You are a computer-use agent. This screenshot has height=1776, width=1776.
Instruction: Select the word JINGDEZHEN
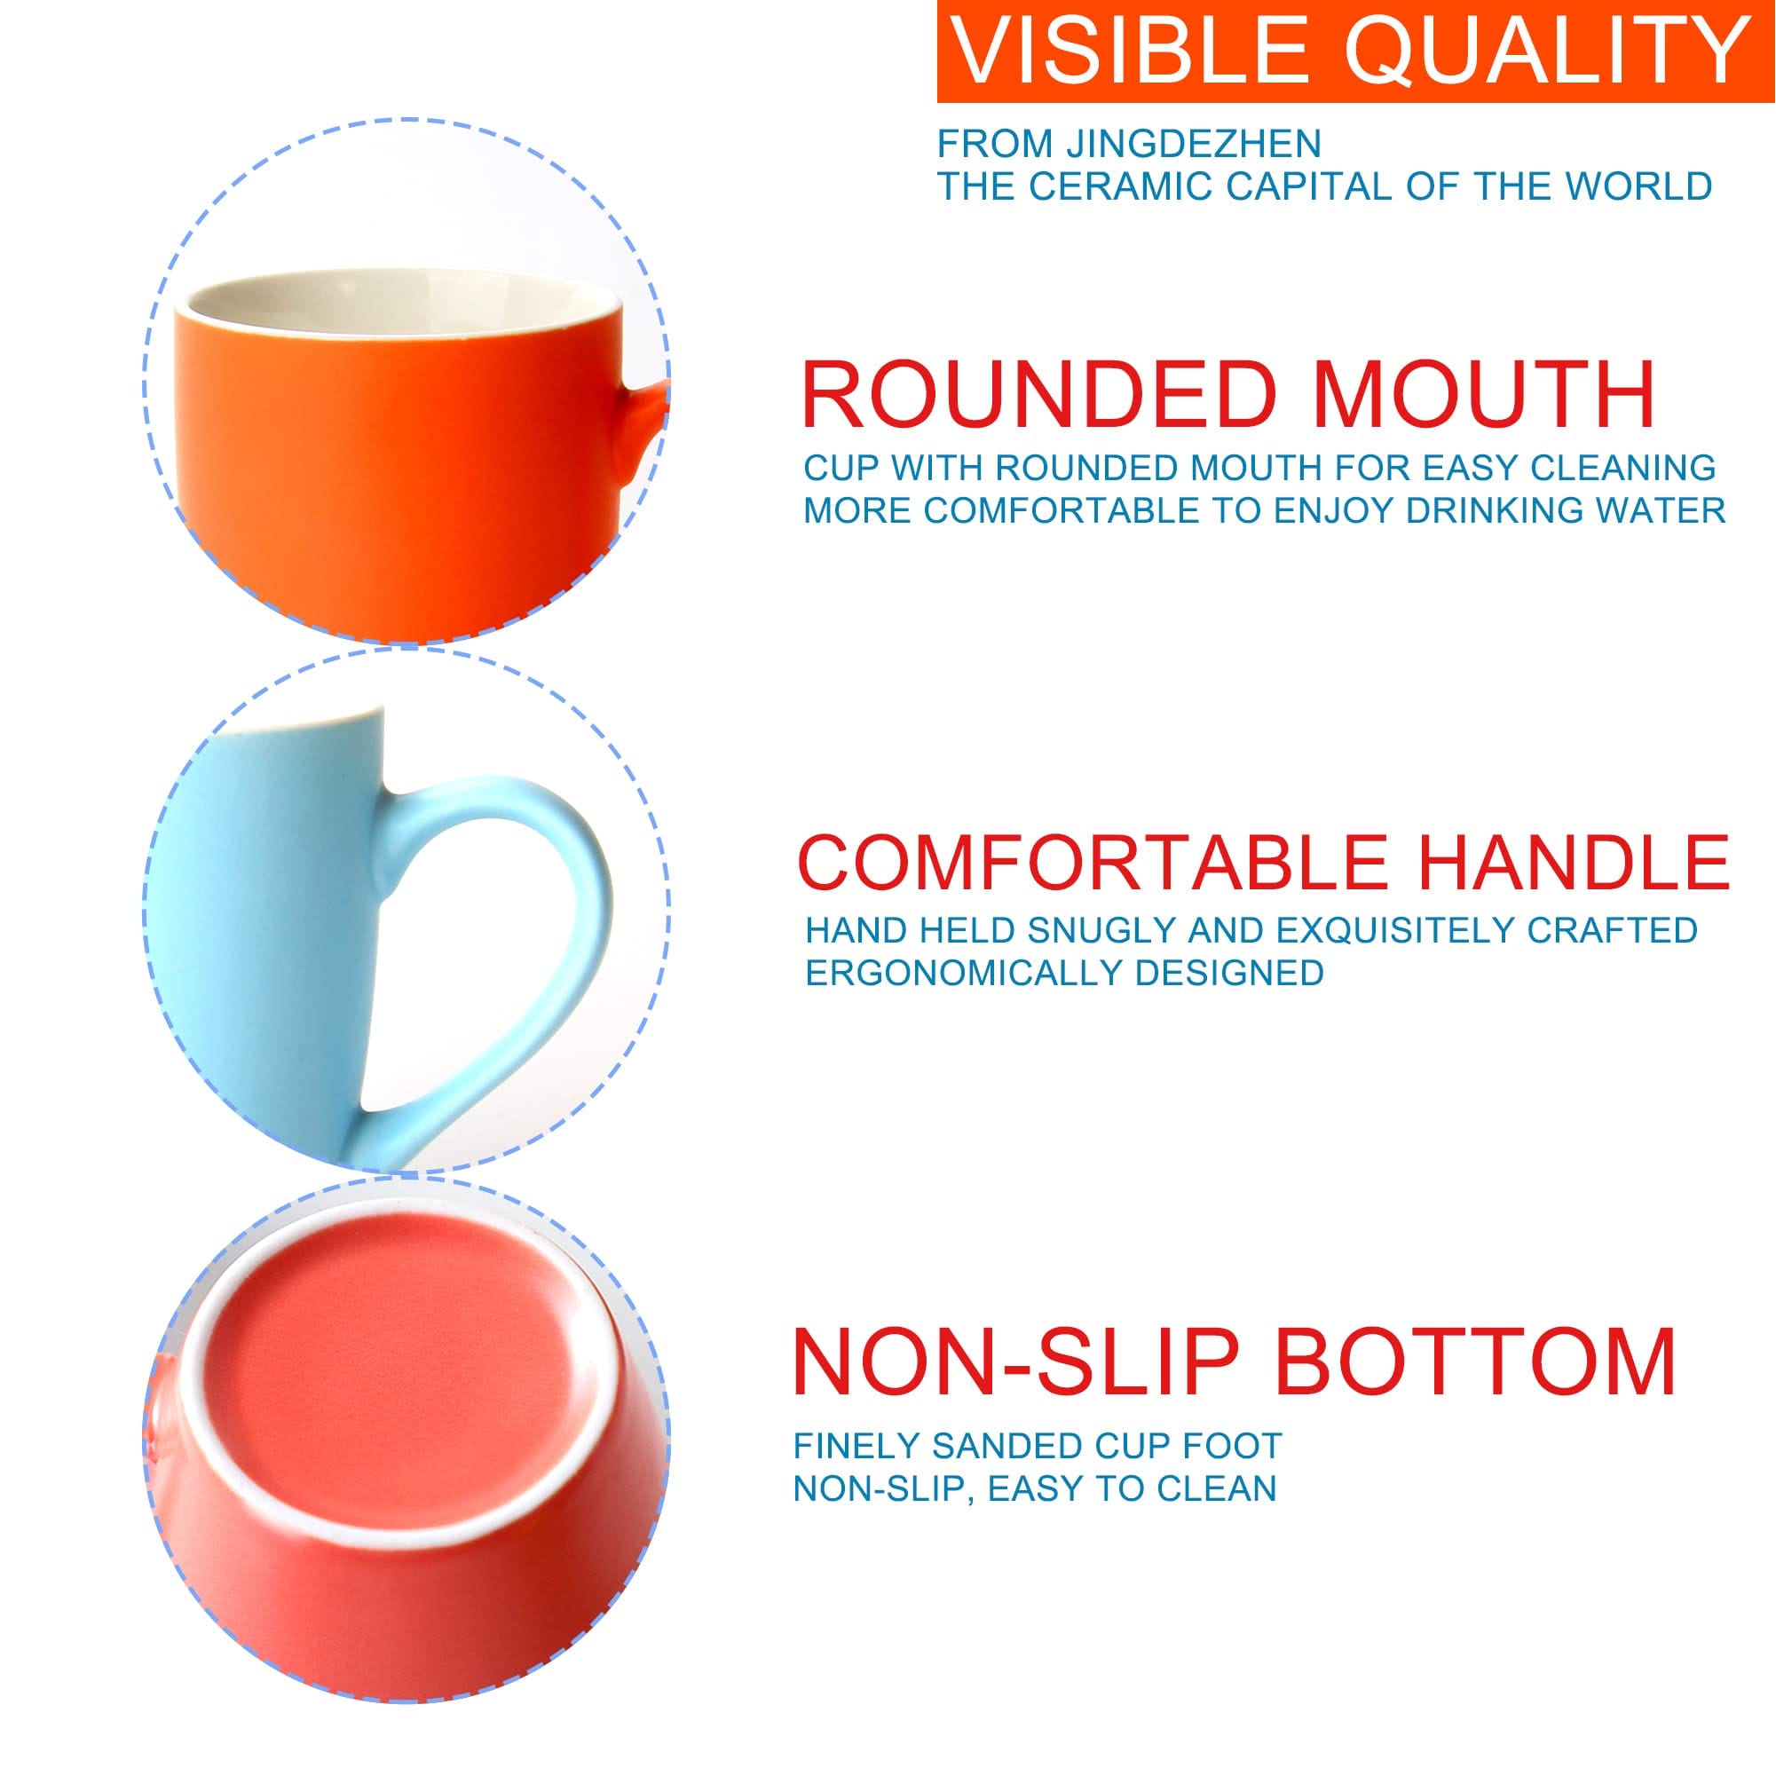click(x=1193, y=144)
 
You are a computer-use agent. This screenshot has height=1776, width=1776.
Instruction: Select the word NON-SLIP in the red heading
click(x=1014, y=1363)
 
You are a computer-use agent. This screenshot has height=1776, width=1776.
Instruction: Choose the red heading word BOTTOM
click(x=1475, y=1363)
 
